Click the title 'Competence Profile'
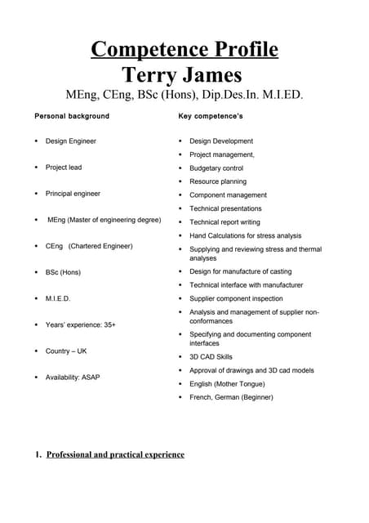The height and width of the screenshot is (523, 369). coord(184,50)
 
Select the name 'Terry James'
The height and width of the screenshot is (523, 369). coord(182,75)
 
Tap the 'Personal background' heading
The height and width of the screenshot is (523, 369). coord(72,116)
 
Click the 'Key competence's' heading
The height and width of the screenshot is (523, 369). coord(211,116)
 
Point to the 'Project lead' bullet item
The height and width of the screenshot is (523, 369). coord(64,168)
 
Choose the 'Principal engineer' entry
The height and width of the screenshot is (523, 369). coord(73,194)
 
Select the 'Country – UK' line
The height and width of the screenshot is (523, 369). coord(66,351)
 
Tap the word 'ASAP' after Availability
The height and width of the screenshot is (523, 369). coord(91,378)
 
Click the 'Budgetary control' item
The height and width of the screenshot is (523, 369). coord(216,168)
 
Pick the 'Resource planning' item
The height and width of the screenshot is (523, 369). coord(218,181)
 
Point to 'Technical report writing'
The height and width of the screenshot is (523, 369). coord(225,222)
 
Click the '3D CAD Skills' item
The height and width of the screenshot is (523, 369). coord(211,357)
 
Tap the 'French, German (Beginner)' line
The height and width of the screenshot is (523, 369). coord(231,397)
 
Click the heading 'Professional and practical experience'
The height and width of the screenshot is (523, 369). coord(115,454)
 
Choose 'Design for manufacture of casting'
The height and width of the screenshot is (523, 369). coord(240,271)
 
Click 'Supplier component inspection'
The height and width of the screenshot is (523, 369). coord(237,298)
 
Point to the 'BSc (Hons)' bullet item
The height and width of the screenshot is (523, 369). coord(63,272)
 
